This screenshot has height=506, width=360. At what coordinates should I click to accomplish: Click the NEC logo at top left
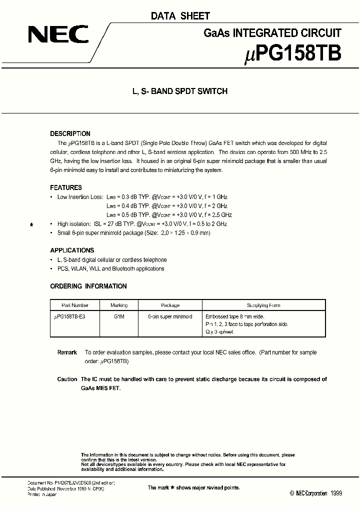(58, 34)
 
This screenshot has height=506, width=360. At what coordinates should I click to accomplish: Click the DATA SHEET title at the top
(180, 16)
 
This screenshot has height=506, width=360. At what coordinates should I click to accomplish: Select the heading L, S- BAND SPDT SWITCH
(179, 91)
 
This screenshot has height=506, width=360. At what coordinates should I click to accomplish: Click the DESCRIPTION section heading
(70, 134)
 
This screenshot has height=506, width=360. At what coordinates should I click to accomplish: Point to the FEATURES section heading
(65, 187)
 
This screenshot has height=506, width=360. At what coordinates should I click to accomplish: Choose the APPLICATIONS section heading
(72, 250)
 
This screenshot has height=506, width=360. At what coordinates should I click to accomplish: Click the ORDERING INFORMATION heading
(88, 286)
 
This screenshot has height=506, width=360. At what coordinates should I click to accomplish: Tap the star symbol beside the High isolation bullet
(31, 225)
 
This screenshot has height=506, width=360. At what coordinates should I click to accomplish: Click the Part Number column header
(74, 305)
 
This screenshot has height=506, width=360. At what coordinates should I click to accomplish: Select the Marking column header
(119, 305)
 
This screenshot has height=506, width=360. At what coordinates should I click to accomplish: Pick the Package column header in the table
(170, 305)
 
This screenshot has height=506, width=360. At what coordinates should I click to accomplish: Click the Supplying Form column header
(263, 305)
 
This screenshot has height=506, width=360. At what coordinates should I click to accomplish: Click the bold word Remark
(67, 352)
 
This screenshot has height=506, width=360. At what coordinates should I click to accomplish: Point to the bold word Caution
(67, 379)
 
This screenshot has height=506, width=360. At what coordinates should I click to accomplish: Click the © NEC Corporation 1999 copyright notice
(315, 493)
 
